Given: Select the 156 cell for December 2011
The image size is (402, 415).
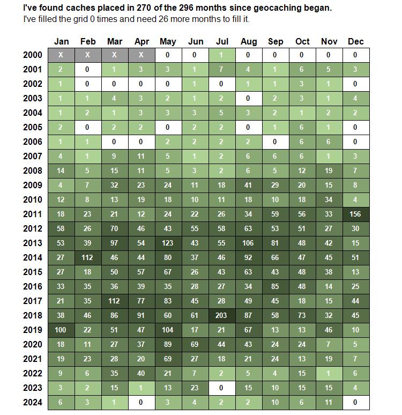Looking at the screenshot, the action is [x=356, y=214].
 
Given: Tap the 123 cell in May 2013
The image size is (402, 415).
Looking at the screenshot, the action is [x=168, y=243].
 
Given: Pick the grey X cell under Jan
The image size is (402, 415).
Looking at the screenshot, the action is [x=61, y=55].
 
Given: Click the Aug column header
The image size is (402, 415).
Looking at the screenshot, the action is [x=249, y=41].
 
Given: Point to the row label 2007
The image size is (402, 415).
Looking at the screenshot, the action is [x=33, y=156].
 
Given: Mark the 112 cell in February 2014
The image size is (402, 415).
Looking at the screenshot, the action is [x=88, y=257].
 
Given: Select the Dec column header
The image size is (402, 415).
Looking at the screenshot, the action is [x=356, y=41].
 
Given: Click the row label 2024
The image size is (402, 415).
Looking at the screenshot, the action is [x=33, y=402].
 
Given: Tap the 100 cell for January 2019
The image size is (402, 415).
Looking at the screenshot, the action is [x=61, y=330].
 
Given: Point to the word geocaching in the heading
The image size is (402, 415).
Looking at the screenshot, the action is [x=277, y=8].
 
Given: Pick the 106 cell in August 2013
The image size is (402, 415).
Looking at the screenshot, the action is [x=249, y=243].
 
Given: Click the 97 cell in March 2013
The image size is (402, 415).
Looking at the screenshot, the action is [x=115, y=243].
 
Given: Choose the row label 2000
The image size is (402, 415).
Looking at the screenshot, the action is [x=33, y=55].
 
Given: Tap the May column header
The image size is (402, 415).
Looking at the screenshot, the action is [x=168, y=42].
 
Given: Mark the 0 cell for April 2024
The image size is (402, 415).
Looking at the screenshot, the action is [x=142, y=402].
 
